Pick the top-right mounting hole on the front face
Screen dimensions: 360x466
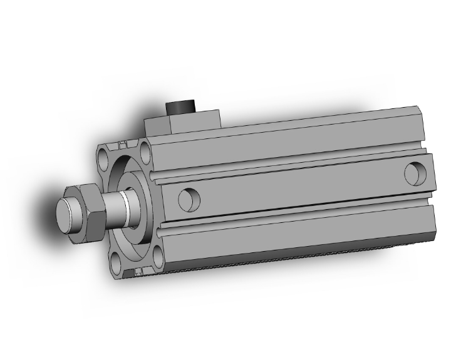pos(146,150)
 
